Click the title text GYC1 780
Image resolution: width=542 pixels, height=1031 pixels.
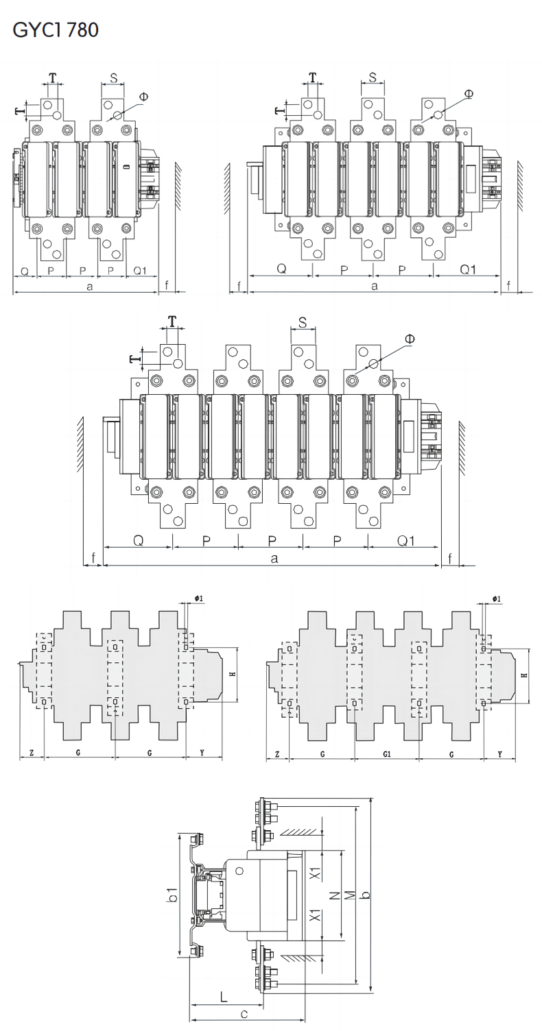click(56, 29)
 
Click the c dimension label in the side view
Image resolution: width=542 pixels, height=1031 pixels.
click(244, 1014)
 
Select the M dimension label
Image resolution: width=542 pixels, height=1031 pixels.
click(350, 896)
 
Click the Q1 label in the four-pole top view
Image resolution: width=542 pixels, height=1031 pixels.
click(406, 541)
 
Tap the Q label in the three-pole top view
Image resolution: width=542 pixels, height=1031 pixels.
click(281, 269)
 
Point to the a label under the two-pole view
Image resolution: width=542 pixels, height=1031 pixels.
click(90, 287)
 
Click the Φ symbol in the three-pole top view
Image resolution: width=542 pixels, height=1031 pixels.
click(469, 93)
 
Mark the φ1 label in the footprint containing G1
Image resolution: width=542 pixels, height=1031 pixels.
click(497, 599)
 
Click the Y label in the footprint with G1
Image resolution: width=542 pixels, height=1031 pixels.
click(500, 754)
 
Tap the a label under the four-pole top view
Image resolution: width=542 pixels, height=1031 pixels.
click(274, 559)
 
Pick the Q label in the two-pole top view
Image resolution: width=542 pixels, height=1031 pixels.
click(24, 271)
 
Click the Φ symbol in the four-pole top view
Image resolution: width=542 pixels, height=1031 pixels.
click(410, 339)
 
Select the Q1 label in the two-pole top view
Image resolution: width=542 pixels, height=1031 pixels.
click(140, 271)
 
